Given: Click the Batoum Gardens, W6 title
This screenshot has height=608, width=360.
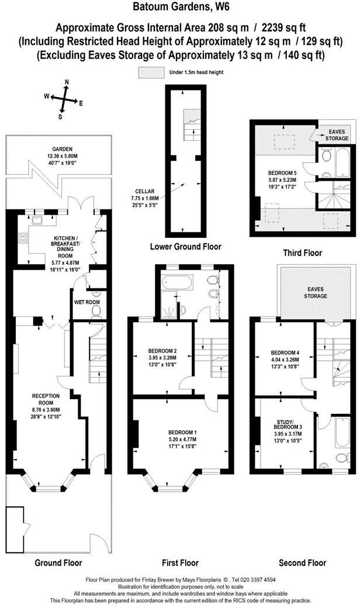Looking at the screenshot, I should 180,8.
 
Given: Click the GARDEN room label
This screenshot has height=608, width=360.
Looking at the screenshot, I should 57,153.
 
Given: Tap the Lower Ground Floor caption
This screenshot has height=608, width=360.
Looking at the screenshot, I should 185,247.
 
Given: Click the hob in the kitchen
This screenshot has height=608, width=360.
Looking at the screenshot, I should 24,239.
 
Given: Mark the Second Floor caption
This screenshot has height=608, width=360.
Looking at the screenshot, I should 302,563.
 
